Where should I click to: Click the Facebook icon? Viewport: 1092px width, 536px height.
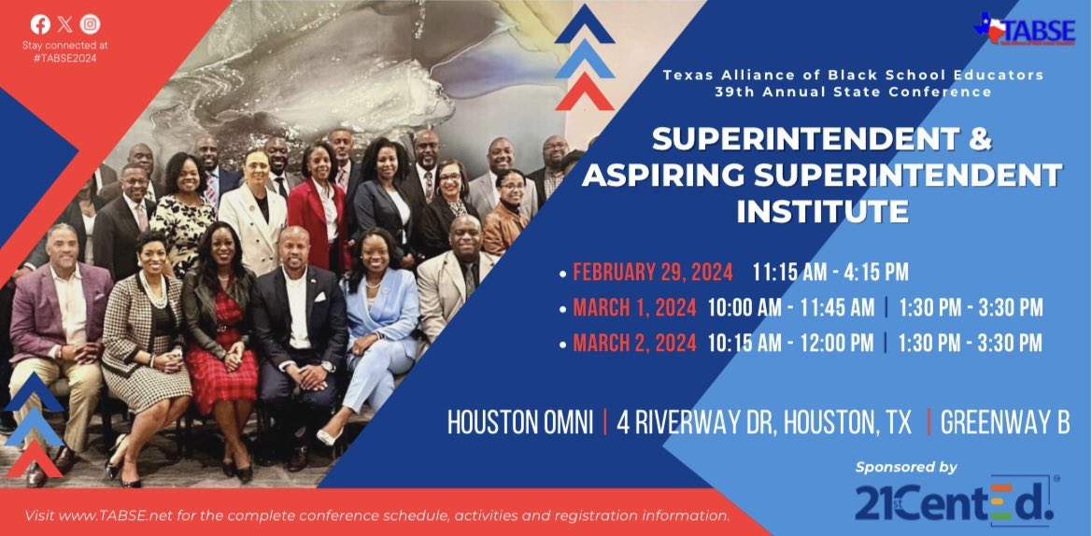pyautogui.click(x=40, y=24)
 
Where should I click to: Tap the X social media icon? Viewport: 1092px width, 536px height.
pyautogui.click(x=64, y=24)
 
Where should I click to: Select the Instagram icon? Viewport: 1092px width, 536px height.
pyautogui.click(x=90, y=24)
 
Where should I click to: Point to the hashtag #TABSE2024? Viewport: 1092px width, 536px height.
pyautogui.click(x=64, y=58)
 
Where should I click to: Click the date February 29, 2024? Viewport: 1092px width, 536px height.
pyautogui.click(x=653, y=273)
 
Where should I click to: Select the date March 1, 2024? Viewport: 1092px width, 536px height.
pyautogui.click(x=634, y=308)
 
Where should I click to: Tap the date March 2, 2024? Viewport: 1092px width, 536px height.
pyautogui.click(x=634, y=343)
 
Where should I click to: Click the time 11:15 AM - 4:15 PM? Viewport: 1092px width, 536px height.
pyautogui.click(x=830, y=273)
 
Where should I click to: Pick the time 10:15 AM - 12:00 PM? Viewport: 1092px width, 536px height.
pyautogui.click(x=790, y=343)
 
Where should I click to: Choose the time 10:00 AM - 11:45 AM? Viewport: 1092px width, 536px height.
pyautogui.click(x=790, y=308)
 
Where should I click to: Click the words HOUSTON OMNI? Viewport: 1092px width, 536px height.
pyautogui.click(x=519, y=423)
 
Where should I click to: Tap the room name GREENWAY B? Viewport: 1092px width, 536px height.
pyautogui.click(x=1005, y=423)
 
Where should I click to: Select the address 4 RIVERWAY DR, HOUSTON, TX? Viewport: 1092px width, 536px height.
pyautogui.click(x=764, y=423)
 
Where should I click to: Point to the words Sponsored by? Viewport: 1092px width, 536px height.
pyautogui.click(x=906, y=466)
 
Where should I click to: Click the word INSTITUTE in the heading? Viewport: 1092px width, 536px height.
pyautogui.click(x=822, y=211)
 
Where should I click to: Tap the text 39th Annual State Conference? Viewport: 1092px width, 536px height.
pyautogui.click(x=853, y=92)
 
